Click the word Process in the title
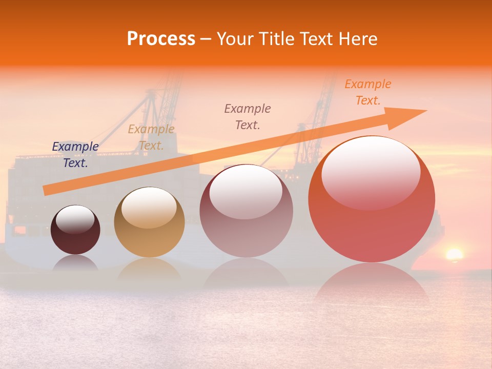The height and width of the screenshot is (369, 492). (x=161, y=39)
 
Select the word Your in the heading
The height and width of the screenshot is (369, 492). (x=234, y=39)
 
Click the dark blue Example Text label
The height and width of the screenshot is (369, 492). (x=75, y=155)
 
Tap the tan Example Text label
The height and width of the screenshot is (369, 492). (x=151, y=137)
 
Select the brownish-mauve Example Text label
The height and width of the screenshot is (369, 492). (x=248, y=116)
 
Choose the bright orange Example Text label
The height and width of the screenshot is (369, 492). (x=368, y=92)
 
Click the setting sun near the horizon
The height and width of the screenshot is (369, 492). (x=454, y=254)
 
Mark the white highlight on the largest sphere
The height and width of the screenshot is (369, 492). (x=371, y=172)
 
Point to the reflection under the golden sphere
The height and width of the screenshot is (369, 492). (x=149, y=269)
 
